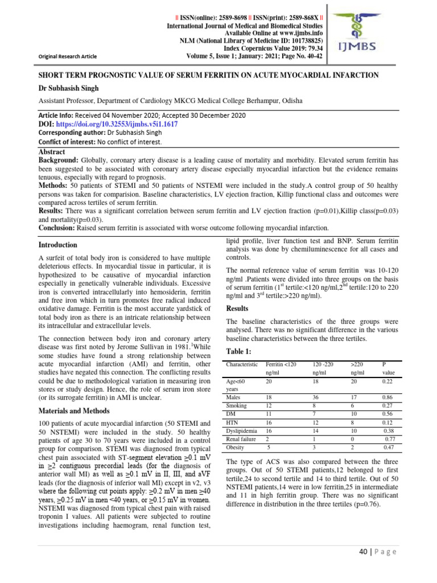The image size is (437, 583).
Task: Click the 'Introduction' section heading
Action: click(57, 245)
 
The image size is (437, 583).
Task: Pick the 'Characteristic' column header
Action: click(242, 364)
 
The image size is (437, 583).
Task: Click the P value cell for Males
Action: click(389, 397)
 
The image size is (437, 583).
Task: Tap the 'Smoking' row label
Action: click(238, 405)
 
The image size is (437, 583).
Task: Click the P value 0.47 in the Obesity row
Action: click(389, 449)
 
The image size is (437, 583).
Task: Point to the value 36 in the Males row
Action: click(317, 397)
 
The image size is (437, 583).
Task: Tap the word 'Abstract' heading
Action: click(52, 153)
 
